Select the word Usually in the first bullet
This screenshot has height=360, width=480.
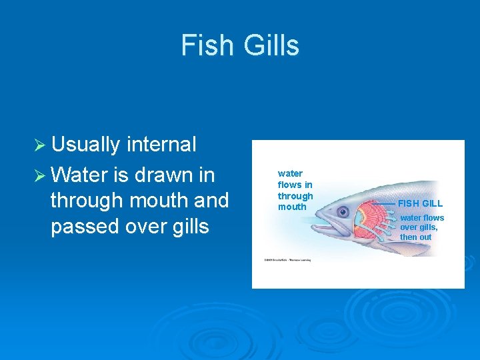[x=86, y=145]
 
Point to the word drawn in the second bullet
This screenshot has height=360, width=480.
[x=164, y=174]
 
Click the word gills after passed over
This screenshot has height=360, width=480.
[x=189, y=227]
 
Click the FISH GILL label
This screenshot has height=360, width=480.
[x=420, y=203]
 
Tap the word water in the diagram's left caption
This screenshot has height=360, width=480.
[x=290, y=173]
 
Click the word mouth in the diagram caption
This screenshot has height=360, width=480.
[x=292, y=207]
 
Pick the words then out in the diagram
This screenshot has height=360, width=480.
[x=415, y=237]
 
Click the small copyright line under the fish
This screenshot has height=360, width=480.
[x=287, y=259]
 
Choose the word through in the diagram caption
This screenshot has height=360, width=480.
[x=295, y=196]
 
